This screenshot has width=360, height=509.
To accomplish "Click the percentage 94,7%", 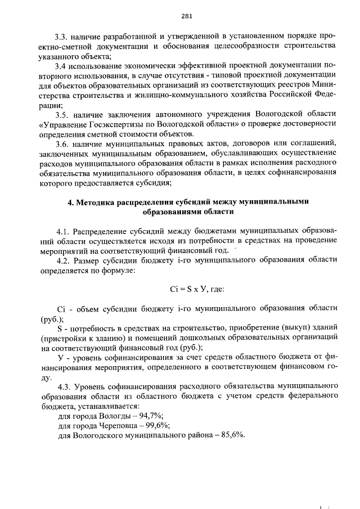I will pyautogui.click(x=148, y=416).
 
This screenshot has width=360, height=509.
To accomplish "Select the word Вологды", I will pyautogui.click(x=113, y=416).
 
